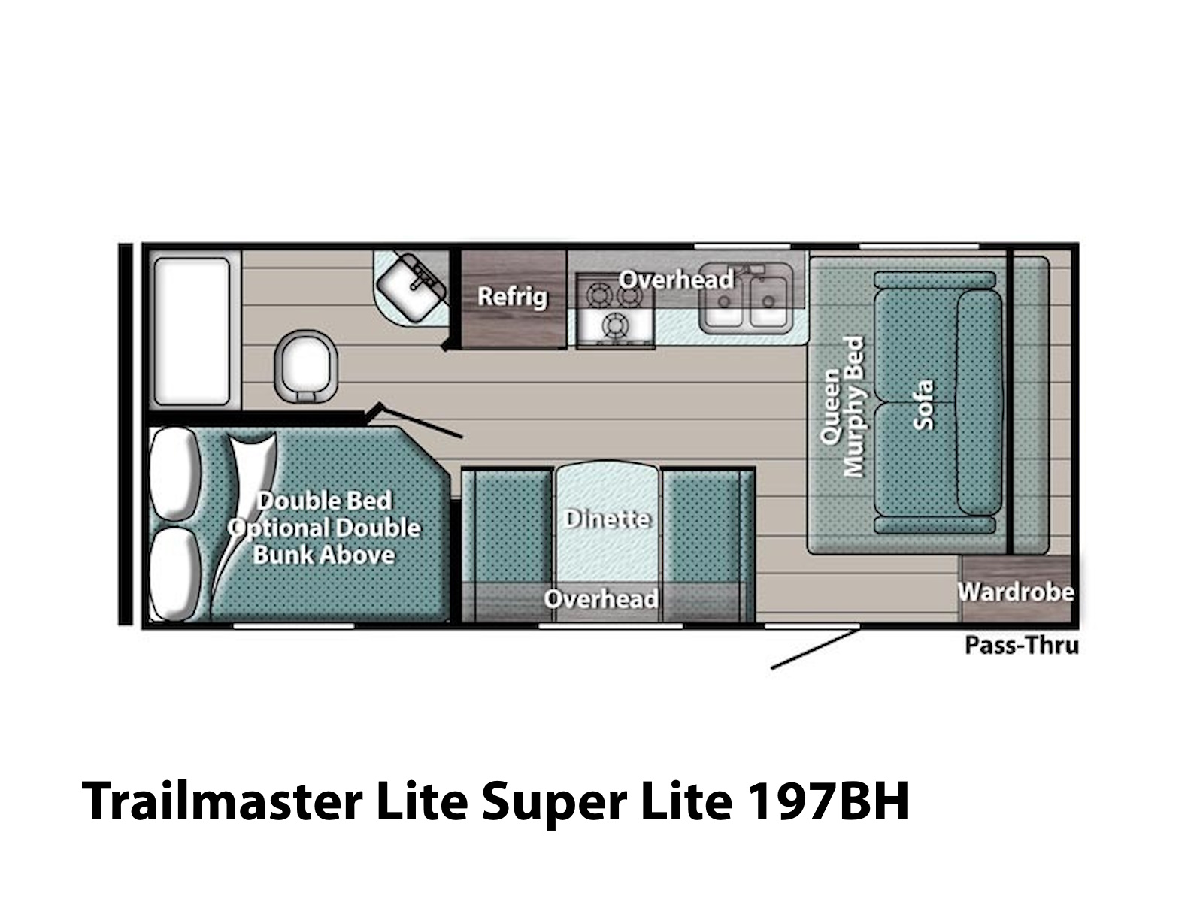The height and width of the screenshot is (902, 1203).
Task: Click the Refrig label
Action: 513,296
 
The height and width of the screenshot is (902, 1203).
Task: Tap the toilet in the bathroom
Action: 306,368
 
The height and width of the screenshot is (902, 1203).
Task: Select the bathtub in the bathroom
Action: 192,332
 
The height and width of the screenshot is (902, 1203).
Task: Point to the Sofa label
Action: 923,404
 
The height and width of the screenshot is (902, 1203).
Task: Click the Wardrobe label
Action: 1016,592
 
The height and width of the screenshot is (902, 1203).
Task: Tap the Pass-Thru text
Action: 1022,646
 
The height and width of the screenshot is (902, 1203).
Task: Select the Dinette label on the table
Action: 607,519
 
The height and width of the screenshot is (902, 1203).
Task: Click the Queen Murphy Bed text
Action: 841,407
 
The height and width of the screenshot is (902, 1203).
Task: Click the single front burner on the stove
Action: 614,326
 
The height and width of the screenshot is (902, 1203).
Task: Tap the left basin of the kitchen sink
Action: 723,301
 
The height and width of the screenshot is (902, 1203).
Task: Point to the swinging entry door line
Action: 816,649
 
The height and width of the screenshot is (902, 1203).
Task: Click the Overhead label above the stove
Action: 676,280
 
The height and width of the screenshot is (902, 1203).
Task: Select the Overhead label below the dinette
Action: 601,598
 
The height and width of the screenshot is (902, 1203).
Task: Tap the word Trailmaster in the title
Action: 222,801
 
